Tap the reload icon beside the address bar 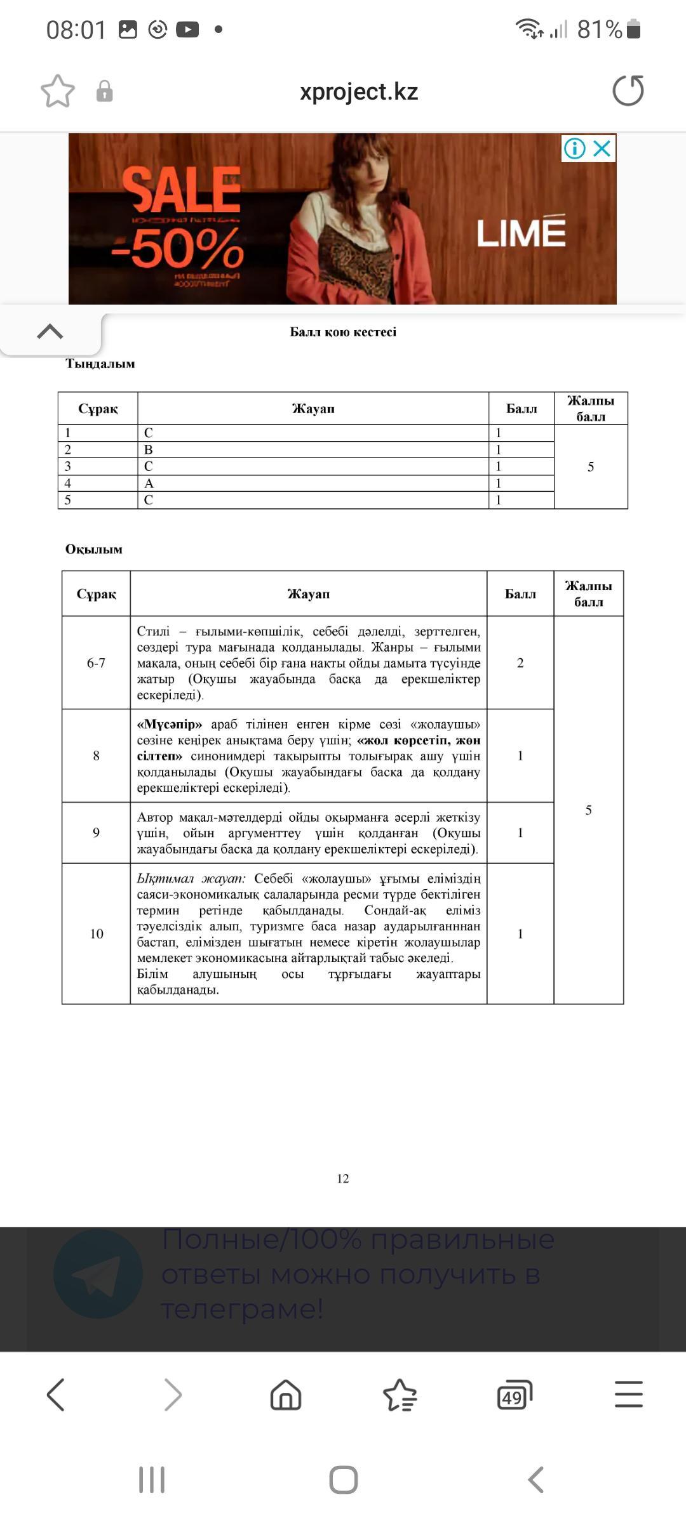pos(628,91)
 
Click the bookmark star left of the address pos(58,91)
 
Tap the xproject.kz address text pos(358,91)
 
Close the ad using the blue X pos(602,148)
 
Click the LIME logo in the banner pos(521,232)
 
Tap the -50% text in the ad pos(178,249)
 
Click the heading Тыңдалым pos(100,364)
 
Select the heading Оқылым pos(94,549)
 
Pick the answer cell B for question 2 pos(149,449)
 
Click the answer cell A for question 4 pos(149,483)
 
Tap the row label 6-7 pos(96,663)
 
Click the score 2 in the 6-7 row pos(520,663)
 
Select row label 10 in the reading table pos(96,933)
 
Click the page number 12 pos(343,1178)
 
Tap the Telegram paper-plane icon pos(98,1274)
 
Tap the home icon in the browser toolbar pos(286,1395)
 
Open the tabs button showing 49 pos(514,1395)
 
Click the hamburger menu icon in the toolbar pos(628,1394)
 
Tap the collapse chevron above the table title pos(50,331)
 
